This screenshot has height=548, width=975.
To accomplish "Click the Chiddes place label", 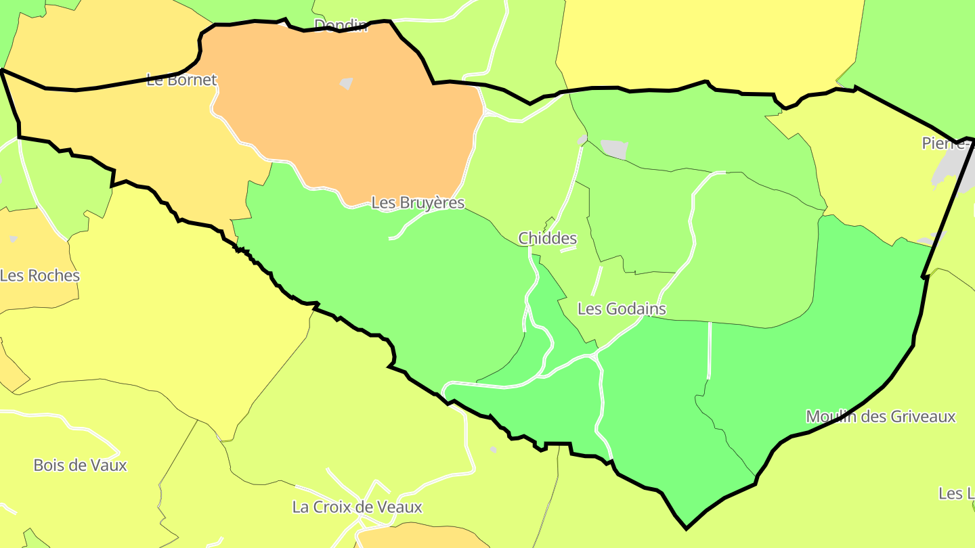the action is [547, 238].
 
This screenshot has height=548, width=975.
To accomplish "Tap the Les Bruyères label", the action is [418, 203].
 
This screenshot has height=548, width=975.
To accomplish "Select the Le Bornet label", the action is [181, 80].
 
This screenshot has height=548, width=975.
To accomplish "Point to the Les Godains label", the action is [622, 309].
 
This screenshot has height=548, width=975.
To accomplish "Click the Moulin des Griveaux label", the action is [880, 417].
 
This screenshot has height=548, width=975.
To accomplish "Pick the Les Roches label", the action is [40, 276].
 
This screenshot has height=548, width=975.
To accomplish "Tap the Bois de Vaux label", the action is [80, 465].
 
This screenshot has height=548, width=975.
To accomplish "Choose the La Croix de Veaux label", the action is [357, 507].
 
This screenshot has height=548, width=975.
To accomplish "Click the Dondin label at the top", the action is [341, 26].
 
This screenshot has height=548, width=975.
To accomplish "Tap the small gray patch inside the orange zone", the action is [347, 84].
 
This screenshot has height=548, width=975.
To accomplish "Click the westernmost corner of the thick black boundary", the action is [3, 70].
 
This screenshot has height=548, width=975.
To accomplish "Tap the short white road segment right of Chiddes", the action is [568, 249].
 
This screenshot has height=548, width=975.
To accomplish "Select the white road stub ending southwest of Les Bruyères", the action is [391, 238].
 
